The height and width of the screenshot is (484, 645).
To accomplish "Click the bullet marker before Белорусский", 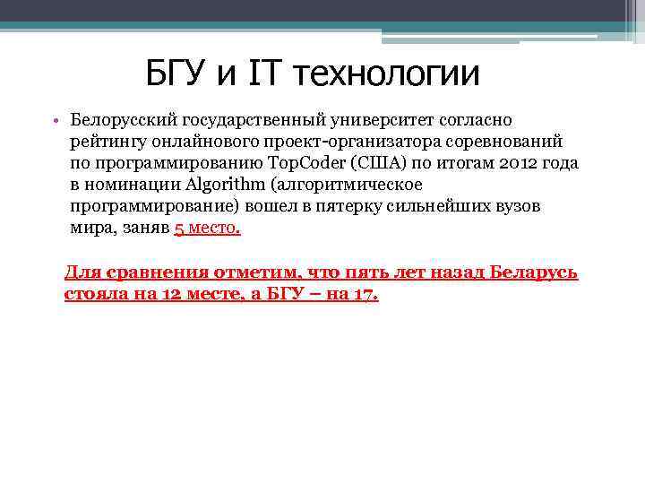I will click(x=56, y=120).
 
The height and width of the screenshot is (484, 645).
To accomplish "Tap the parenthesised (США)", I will click(x=389, y=162).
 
